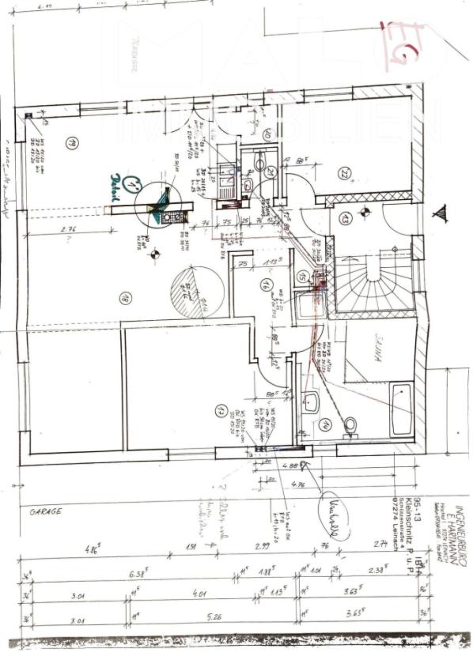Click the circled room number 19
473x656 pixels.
(71, 144)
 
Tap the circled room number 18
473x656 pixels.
(126, 297)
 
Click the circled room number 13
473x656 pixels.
(345, 218)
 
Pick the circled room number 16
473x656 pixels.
(267, 285)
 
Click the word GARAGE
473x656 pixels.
(46, 511)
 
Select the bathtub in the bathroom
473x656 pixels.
(401, 409)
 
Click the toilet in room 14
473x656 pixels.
(350, 425)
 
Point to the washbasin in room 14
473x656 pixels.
(310, 402)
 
